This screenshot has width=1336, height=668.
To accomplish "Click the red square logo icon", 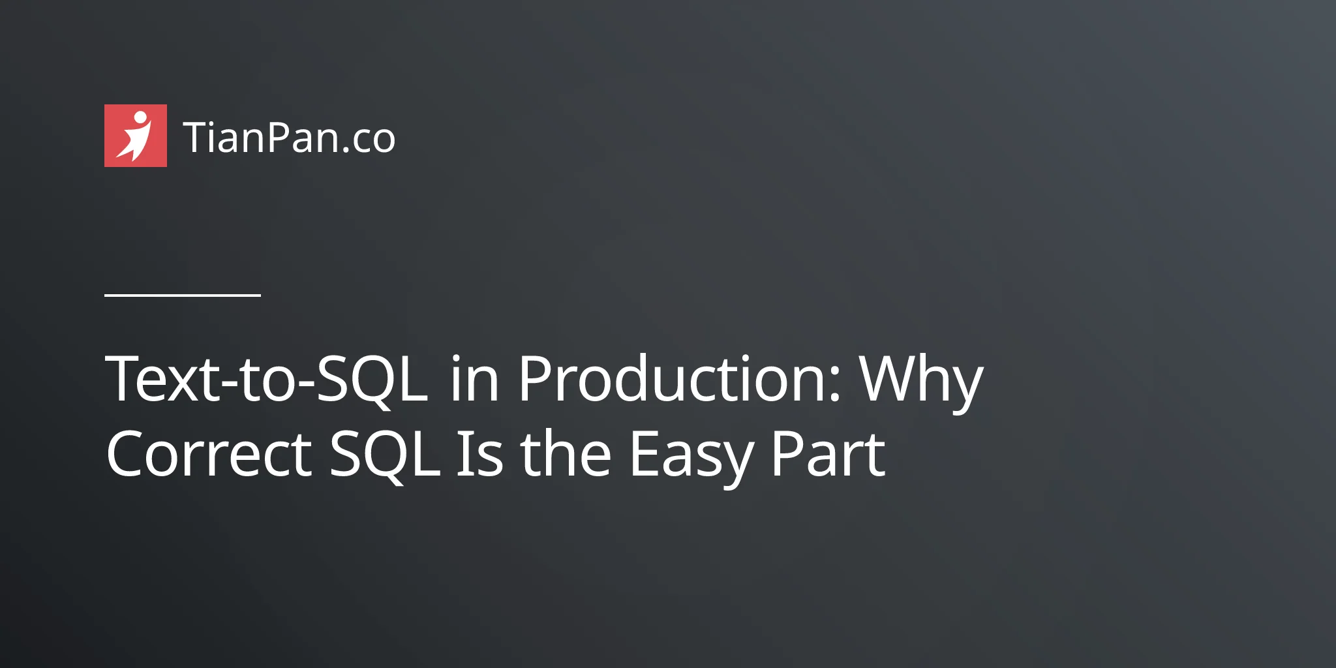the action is click(x=136, y=136).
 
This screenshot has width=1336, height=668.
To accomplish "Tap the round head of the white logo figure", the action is click(x=140, y=117).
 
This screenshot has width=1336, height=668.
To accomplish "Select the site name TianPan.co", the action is click(x=290, y=138).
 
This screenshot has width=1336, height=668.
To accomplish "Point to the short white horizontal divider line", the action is click(x=183, y=295).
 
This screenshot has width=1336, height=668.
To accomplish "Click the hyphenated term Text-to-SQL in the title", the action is click(x=267, y=379).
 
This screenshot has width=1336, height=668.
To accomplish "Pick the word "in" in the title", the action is click(x=475, y=379).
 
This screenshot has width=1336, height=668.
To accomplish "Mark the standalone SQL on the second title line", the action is click(x=385, y=457).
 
